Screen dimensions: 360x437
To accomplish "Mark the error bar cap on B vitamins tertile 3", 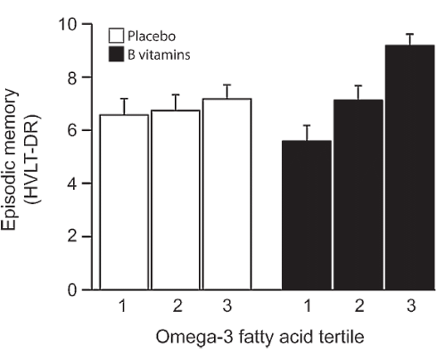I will [x=408, y=34].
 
